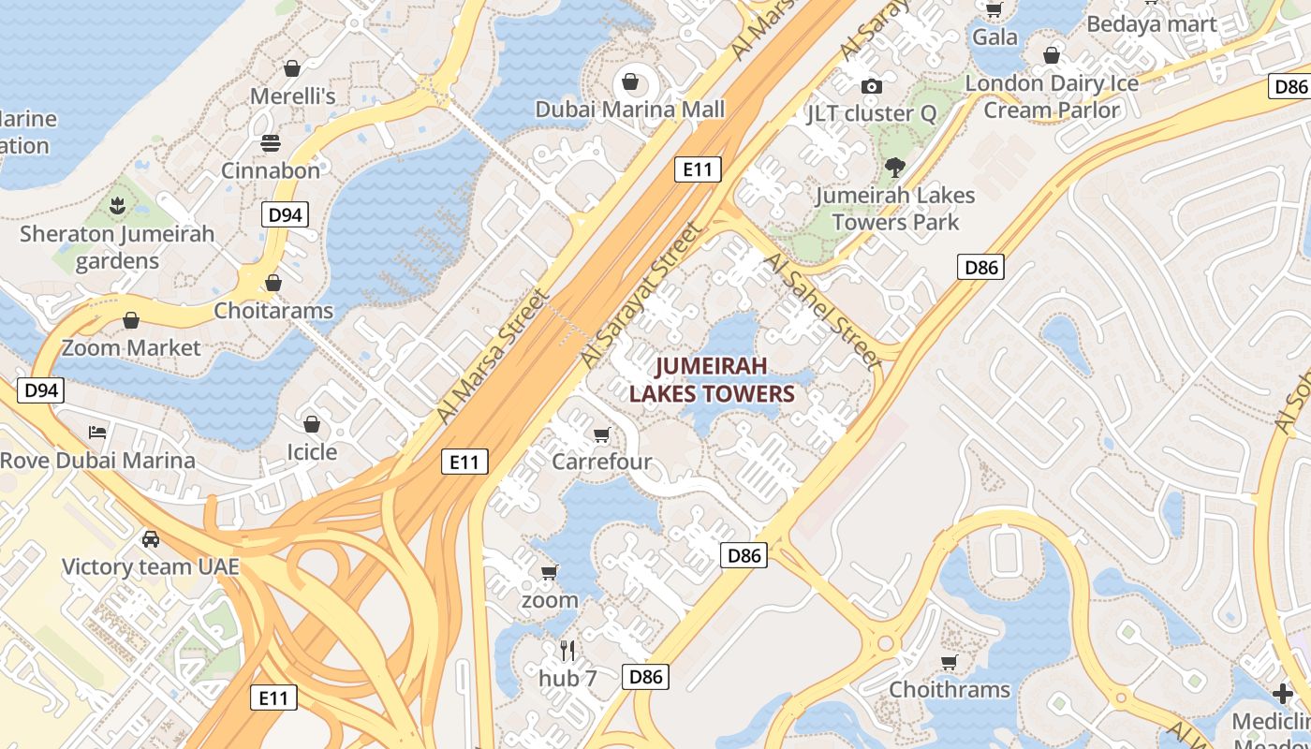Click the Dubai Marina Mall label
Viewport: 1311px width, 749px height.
pyautogui.click(x=630, y=110)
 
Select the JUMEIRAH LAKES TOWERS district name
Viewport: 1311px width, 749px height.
pyautogui.click(x=712, y=379)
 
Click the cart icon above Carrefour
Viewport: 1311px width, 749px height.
pyautogui.click(x=602, y=434)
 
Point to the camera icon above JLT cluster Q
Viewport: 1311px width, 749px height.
pyautogui.click(x=872, y=86)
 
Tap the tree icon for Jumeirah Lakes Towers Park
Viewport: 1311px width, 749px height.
pyautogui.click(x=894, y=168)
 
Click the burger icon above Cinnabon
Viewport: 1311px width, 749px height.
pyautogui.click(x=271, y=142)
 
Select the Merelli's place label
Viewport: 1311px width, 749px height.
pyautogui.click(x=292, y=95)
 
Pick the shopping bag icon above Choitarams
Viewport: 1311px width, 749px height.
pyautogui.click(x=273, y=282)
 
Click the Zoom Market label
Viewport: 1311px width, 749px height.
pyautogui.click(x=131, y=348)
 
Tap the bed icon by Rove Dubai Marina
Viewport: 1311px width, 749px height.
pyautogui.click(x=97, y=432)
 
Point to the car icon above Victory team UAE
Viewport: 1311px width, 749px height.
pyautogui.click(x=150, y=539)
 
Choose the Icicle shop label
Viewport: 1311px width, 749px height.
pyautogui.click(x=311, y=452)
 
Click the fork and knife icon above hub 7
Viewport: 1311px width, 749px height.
pyautogui.click(x=567, y=650)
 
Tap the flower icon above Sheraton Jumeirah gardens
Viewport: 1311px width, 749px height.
pyautogui.click(x=117, y=205)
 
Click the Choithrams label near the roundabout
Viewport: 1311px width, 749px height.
pyautogui.click(x=950, y=690)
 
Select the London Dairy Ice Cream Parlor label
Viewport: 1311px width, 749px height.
pyautogui.click(x=1052, y=96)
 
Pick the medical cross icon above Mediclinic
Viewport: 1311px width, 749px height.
pyautogui.click(x=1283, y=694)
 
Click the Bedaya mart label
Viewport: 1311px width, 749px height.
pyautogui.click(x=1151, y=24)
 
